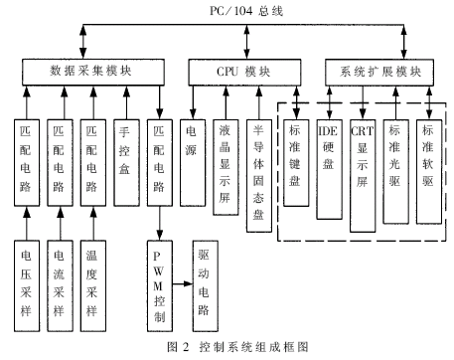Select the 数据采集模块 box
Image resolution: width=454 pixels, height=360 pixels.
[90, 73]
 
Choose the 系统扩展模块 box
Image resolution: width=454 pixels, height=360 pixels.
[379, 73]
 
